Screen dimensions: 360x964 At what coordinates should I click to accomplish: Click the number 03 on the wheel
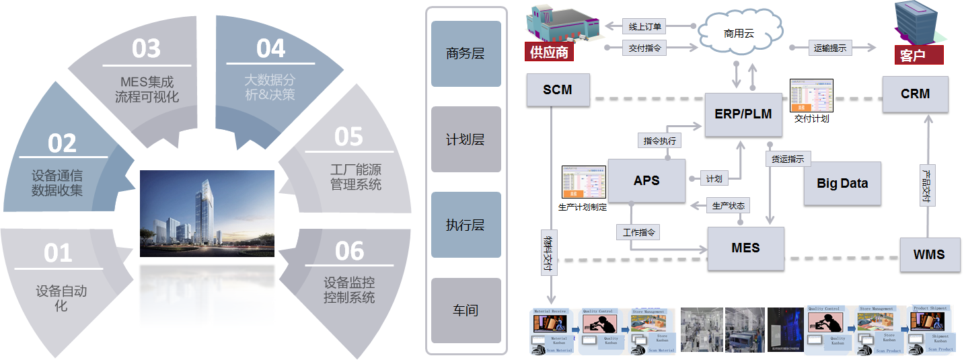pyautogui.click(x=146, y=48)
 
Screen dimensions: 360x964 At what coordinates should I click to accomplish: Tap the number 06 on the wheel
pyautogui.click(x=349, y=252)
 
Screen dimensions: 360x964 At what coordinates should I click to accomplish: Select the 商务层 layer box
pyautogui.click(x=466, y=54)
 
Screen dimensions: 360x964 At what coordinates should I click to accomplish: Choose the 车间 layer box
pyautogui.click(x=466, y=310)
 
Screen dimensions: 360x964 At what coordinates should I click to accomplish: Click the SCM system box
pyautogui.click(x=558, y=89)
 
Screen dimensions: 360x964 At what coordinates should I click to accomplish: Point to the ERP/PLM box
pyautogui.click(x=743, y=114)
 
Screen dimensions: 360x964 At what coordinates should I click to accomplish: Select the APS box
pyautogui.click(x=646, y=180)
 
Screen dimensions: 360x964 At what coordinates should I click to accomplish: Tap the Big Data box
pyautogui.click(x=842, y=183)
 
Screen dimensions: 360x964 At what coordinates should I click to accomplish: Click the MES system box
pyautogui.click(x=745, y=248)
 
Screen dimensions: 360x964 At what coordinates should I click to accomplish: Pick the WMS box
pyautogui.click(x=929, y=254)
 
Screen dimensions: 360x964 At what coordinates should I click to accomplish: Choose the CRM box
pyautogui.click(x=915, y=94)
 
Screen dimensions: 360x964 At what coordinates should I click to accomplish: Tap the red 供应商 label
pyautogui.click(x=550, y=52)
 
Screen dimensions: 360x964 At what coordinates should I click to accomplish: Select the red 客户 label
pyautogui.click(x=912, y=55)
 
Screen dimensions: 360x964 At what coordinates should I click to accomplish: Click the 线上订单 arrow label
pyautogui.click(x=645, y=27)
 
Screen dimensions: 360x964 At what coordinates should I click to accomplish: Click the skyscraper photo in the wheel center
pyautogui.click(x=207, y=213)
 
